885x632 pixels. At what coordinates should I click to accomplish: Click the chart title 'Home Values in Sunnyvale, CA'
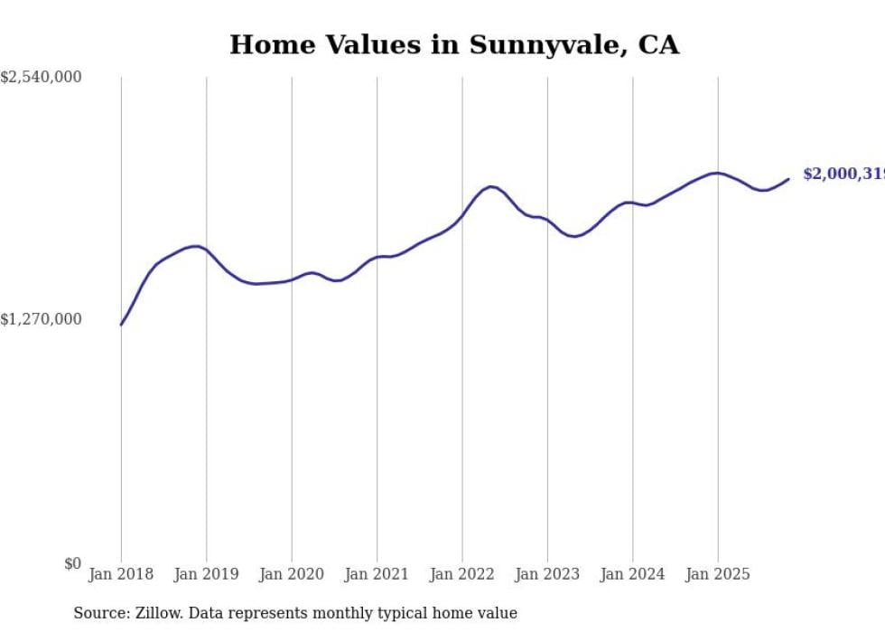point(453,44)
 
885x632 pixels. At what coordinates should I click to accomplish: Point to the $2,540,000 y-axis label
point(41,78)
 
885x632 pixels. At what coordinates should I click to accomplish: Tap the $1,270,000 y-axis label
point(41,319)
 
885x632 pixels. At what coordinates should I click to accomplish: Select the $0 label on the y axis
point(72,563)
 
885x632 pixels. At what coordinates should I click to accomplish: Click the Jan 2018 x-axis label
point(121,574)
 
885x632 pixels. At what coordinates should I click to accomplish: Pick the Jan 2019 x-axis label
point(207,574)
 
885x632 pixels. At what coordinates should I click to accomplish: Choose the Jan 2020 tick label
point(292,574)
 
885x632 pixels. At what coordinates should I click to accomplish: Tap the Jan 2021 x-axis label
point(377,574)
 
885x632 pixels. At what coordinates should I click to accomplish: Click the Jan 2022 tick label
point(462,574)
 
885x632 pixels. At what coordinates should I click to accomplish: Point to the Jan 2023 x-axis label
point(547,574)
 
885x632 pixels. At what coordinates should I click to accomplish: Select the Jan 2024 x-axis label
point(632,574)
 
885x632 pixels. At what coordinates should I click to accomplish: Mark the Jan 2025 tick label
point(718,574)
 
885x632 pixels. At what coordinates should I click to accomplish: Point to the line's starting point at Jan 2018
point(121,325)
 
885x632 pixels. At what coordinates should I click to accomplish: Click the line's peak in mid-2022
point(490,186)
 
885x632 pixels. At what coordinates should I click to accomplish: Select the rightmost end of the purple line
point(789,178)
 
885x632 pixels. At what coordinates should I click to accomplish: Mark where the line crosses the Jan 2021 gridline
point(377,257)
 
